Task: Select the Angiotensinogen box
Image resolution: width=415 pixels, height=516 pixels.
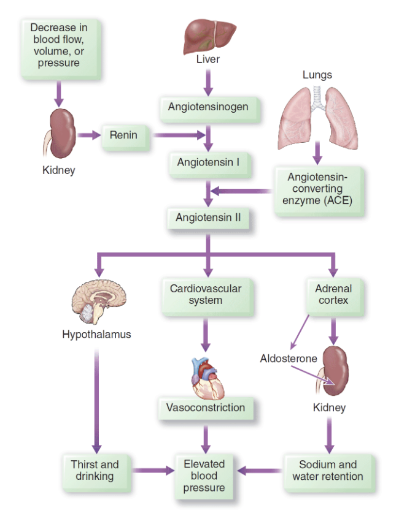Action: point(208,107)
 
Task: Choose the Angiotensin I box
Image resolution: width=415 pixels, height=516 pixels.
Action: point(208,163)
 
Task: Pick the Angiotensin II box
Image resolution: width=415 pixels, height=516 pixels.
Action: point(208,218)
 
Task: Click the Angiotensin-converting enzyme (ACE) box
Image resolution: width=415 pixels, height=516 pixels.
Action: point(317,189)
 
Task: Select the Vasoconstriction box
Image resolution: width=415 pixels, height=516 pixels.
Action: point(206,408)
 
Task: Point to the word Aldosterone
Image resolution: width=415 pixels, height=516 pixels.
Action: point(289,359)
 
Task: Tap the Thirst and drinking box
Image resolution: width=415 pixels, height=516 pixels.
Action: point(95,471)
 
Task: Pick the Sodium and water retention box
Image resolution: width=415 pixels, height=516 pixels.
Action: point(328,471)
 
